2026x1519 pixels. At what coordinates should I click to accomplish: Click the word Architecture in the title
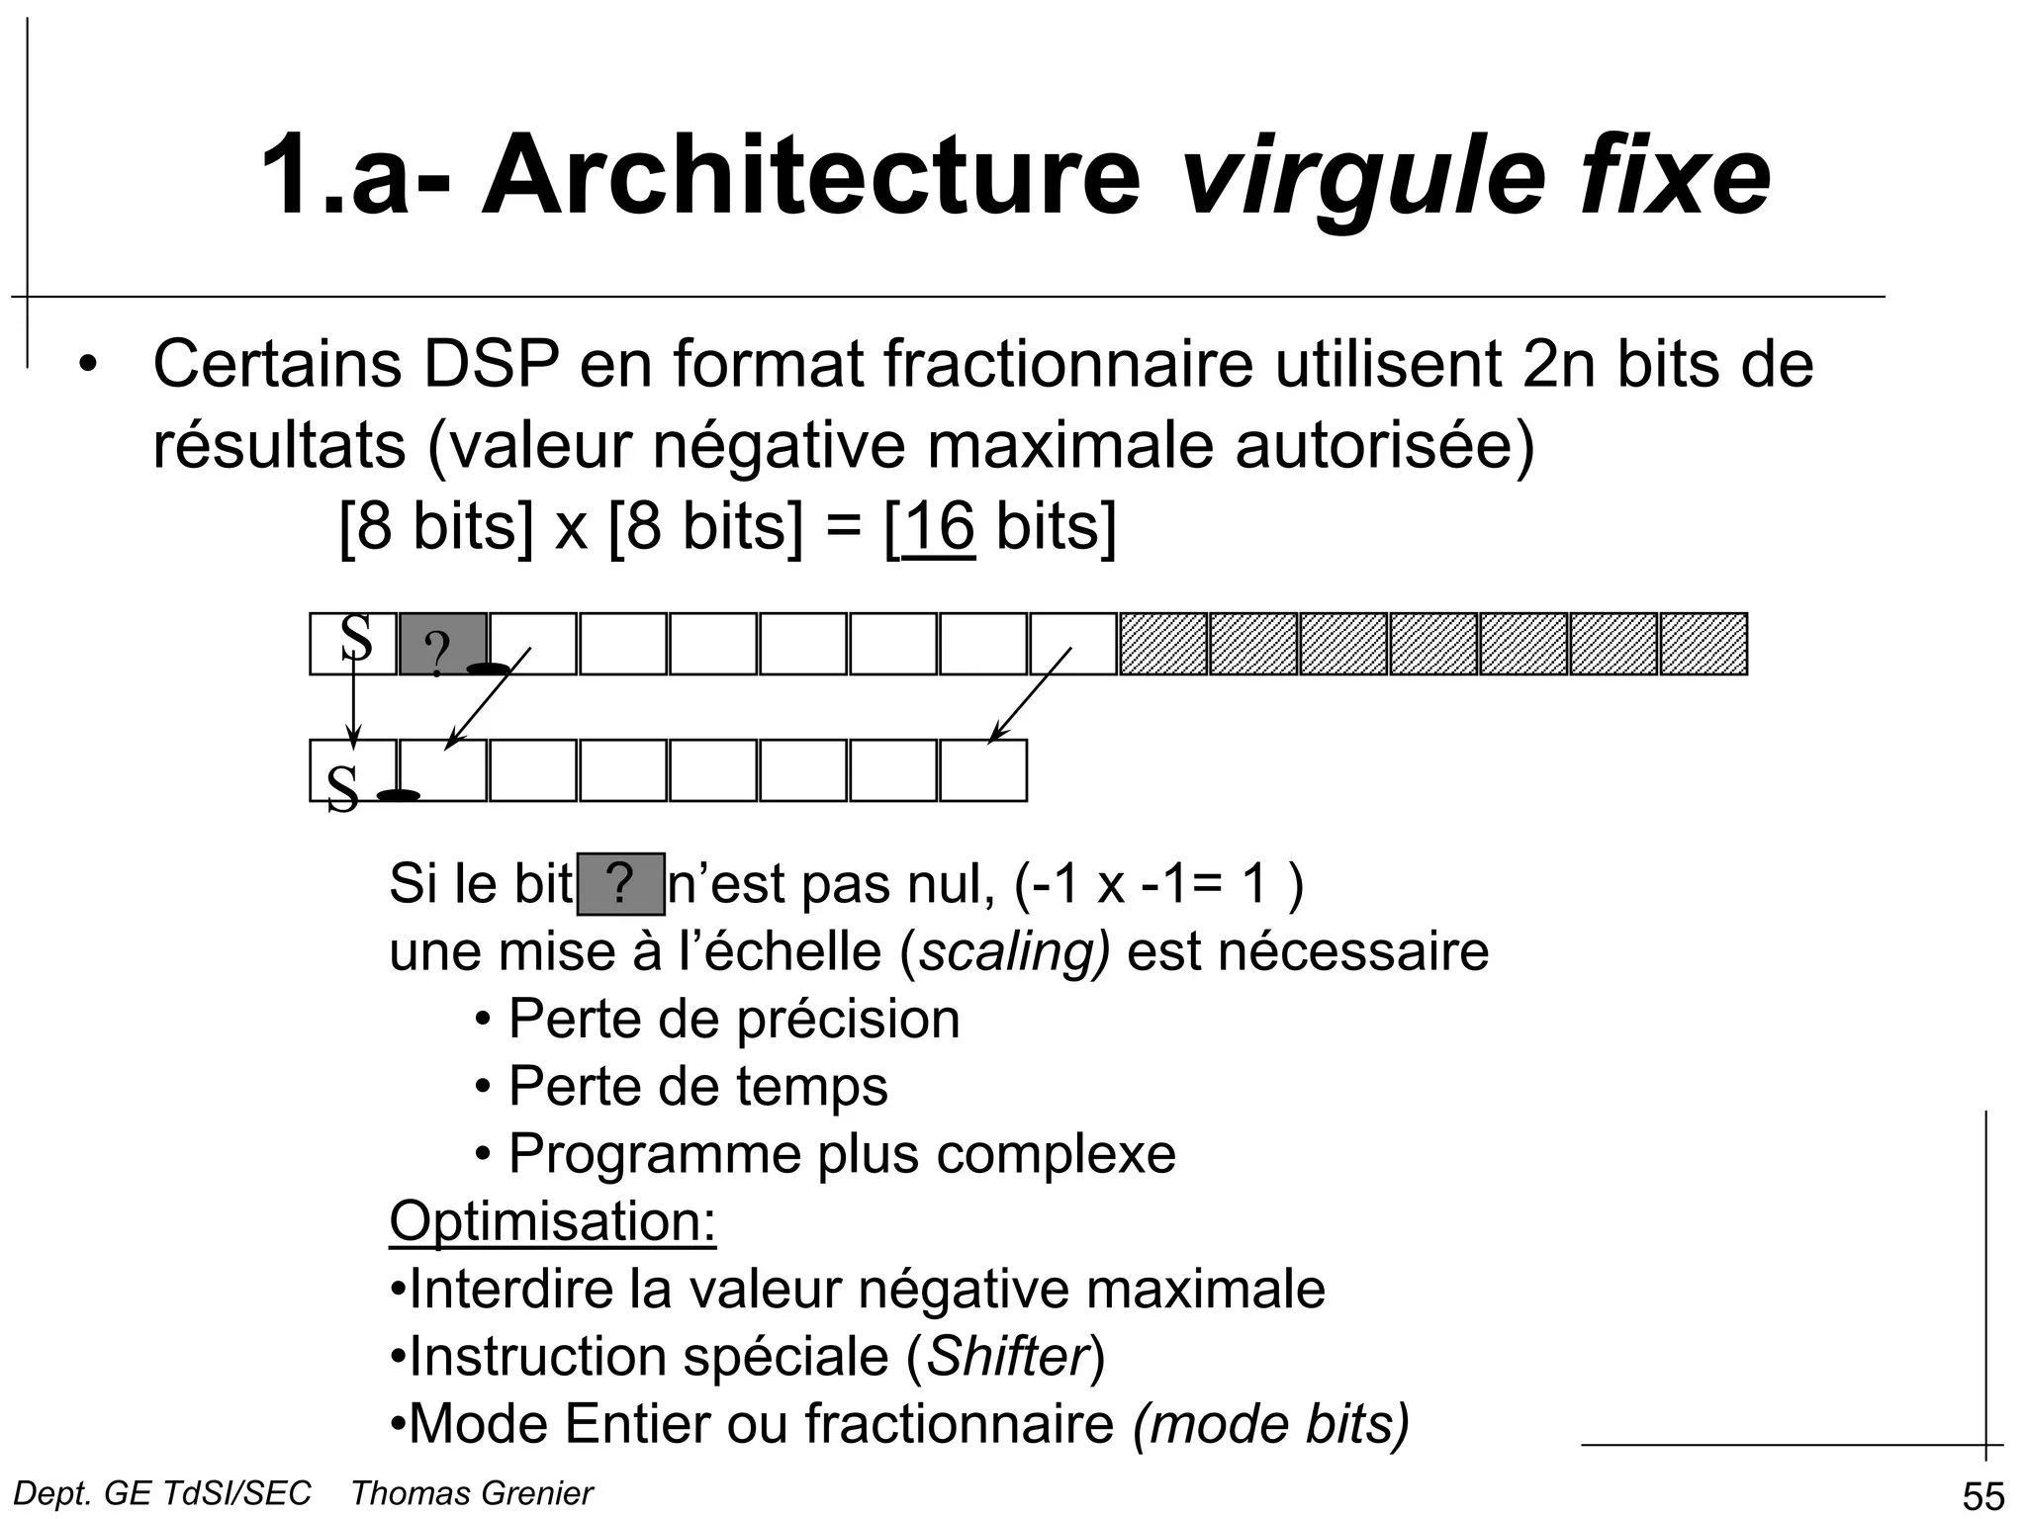[x=810, y=175]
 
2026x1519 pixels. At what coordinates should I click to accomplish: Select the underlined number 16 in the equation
[x=939, y=526]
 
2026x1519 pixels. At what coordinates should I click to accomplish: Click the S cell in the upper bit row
[x=353, y=643]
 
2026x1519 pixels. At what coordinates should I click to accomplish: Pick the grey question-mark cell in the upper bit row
[x=442, y=644]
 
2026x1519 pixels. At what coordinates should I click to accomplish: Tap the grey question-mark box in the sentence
[x=620, y=883]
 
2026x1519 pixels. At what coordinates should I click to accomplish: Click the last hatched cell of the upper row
[x=1704, y=644]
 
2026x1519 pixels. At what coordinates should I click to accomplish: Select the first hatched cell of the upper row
[x=1163, y=644]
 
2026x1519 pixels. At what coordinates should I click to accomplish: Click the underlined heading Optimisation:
[x=552, y=1221]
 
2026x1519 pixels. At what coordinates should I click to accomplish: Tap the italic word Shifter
[x=1007, y=1356]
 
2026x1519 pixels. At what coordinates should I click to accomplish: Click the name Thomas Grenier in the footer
[x=472, y=1493]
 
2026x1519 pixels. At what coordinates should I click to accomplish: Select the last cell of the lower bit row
[x=982, y=770]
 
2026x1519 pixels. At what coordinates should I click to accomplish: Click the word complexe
[x=1056, y=1154]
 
